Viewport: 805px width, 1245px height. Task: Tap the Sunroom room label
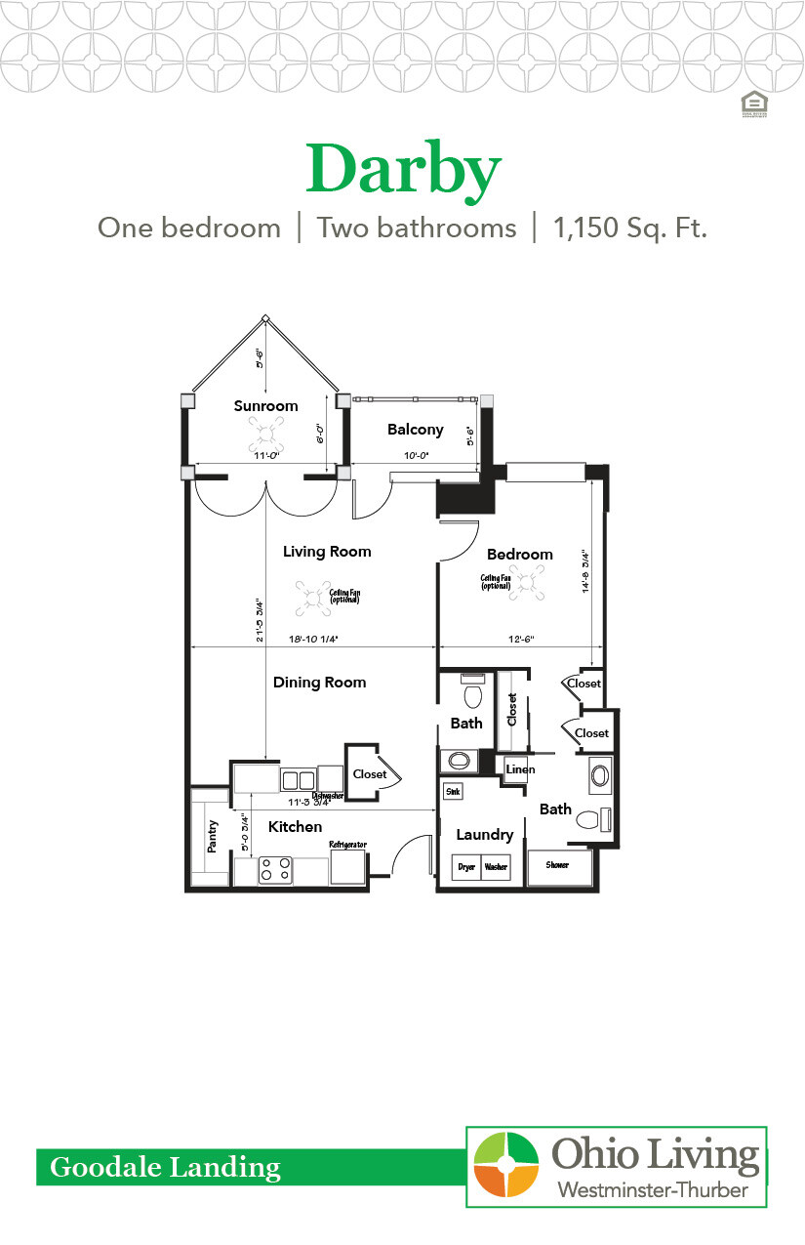265,405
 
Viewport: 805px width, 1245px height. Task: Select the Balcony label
415,429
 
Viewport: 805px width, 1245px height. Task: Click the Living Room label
327,552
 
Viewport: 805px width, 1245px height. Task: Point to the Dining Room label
319,683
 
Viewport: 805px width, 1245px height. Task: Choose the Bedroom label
519,555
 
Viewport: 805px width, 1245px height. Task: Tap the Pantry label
213,837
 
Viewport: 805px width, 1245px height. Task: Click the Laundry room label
484,835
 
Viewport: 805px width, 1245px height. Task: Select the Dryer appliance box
466,867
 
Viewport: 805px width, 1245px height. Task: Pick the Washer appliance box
496,867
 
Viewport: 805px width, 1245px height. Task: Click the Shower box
558,865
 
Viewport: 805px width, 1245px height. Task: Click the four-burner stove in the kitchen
275,869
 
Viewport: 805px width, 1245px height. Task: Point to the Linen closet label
520,769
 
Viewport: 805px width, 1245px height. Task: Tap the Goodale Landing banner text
165,1167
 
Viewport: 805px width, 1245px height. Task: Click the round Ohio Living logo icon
505,1164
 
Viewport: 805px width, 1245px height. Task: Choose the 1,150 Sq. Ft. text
629,228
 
